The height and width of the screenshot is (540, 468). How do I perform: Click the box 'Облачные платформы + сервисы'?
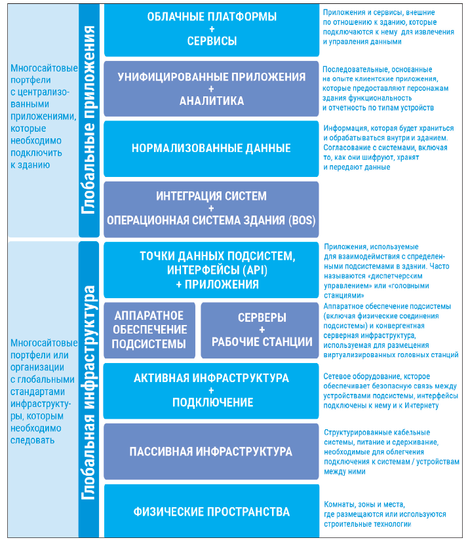tap(211, 29)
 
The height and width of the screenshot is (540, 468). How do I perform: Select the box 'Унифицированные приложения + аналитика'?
tap(211, 88)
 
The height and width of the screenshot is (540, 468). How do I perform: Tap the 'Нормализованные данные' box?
tap(211, 149)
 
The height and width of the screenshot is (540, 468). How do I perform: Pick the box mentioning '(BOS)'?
tap(211, 208)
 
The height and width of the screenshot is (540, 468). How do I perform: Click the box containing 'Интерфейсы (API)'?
tap(211, 269)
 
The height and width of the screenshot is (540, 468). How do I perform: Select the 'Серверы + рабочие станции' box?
tap(261, 330)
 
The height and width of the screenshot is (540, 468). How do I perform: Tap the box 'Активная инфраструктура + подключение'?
tap(211, 391)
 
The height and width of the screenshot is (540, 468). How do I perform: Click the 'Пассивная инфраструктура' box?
tap(211, 452)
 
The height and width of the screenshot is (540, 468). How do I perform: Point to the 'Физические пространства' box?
tap(211, 511)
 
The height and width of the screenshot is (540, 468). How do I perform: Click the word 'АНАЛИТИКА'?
tap(211, 101)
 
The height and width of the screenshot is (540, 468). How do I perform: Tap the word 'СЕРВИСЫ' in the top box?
tap(211, 41)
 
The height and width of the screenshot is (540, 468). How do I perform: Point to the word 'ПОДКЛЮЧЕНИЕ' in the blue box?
tap(211, 402)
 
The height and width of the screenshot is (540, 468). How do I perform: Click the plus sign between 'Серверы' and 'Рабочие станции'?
tap(261, 330)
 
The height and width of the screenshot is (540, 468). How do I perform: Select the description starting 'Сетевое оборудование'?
tap(389, 391)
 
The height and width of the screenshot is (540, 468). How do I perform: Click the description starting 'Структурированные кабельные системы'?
tap(391, 452)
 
